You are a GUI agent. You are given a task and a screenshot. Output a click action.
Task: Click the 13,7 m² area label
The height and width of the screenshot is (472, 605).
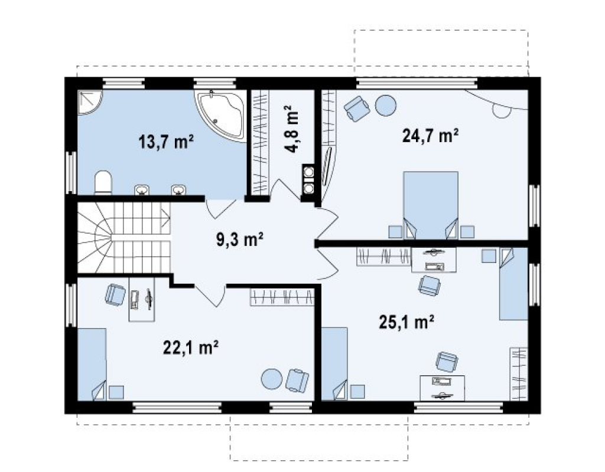point(166,142)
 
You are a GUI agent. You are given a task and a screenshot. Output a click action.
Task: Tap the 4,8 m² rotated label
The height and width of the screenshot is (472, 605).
point(292,129)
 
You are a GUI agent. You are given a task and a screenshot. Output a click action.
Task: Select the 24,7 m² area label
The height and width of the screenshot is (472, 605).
point(430,136)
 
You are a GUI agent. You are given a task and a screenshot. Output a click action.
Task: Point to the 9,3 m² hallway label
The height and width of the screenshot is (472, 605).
point(239,239)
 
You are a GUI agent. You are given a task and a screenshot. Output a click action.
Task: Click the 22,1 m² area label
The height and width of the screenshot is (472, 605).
point(191,347)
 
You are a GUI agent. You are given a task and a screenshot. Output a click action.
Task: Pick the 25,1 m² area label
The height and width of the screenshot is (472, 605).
point(406,322)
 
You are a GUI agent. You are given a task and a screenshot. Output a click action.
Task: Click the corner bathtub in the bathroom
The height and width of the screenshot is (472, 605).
point(222,114)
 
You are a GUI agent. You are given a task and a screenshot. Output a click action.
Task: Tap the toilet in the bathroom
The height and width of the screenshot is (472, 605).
point(103,183)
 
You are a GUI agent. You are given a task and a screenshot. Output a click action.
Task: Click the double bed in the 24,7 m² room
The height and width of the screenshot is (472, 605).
point(431,205)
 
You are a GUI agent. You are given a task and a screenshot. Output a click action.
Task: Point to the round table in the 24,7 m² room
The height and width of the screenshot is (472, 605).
point(386,105)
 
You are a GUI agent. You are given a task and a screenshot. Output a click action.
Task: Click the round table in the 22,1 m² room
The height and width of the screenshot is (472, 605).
point(272,379)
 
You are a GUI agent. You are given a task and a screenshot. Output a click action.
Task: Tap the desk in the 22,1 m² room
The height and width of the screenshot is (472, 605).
point(142,299)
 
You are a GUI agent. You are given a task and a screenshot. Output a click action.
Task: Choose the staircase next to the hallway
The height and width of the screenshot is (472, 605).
point(124,238)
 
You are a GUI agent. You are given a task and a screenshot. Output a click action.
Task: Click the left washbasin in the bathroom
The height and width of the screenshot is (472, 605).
point(142,190)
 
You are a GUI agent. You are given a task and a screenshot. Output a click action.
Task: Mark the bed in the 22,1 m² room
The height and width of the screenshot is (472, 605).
point(92,364)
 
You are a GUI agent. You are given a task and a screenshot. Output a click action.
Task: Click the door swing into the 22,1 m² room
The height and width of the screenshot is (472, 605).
point(210,296)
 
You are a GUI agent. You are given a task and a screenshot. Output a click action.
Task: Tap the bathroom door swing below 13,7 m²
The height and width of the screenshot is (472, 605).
point(221,209)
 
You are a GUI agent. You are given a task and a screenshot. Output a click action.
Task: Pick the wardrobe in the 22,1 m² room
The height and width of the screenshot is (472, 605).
point(282,297)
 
